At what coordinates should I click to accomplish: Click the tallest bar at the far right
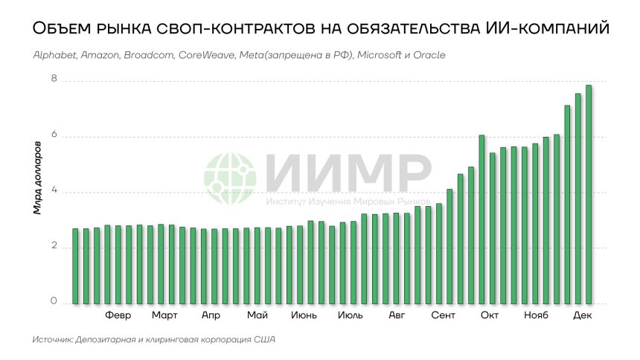589,194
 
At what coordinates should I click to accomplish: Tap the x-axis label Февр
118,315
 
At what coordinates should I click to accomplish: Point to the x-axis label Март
164,315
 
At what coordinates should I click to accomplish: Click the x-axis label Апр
211,315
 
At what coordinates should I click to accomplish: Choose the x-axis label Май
257,315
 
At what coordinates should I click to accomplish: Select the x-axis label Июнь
304,315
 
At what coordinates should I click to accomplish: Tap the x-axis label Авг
397,315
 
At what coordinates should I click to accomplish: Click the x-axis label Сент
444,315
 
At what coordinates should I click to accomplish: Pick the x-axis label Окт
490,315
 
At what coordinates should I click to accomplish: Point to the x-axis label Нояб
536,315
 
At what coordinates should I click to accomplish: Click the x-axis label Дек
583,315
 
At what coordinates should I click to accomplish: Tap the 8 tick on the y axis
54,80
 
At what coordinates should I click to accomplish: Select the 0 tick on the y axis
54,301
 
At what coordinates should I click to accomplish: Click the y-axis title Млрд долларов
37,184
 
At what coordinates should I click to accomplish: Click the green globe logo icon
230,179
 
